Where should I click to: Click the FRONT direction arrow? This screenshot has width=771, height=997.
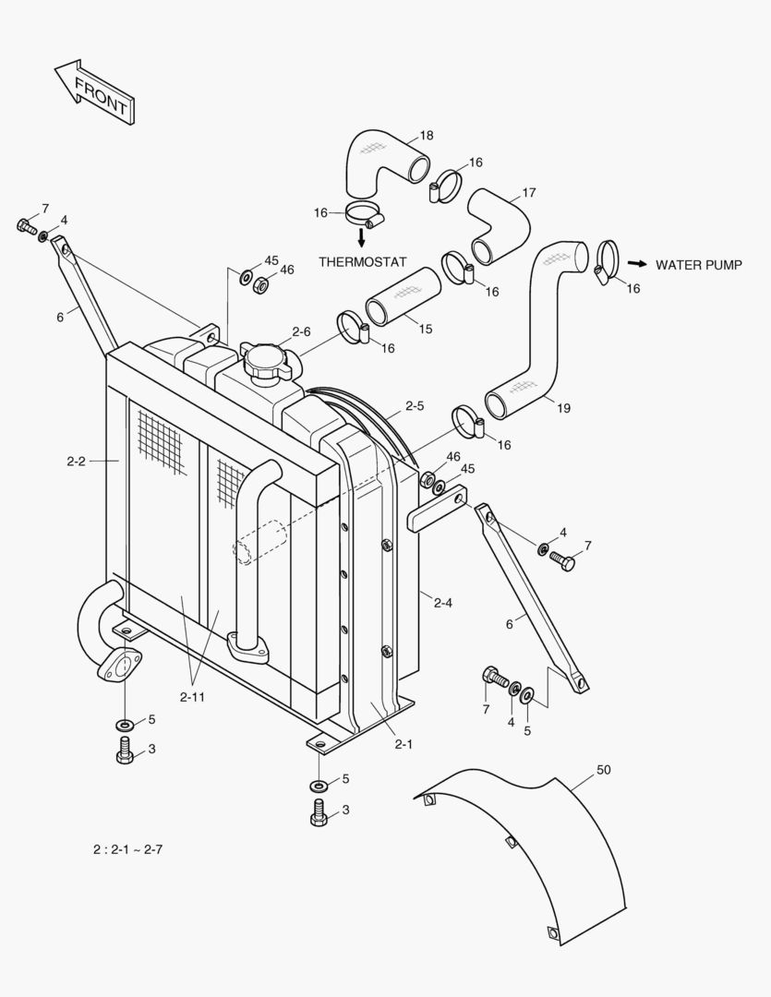click(x=96, y=92)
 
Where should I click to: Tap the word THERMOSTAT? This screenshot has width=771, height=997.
click(x=362, y=262)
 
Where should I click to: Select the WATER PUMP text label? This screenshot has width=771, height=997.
click(x=698, y=265)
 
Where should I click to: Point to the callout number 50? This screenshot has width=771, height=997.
click(x=604, y=769)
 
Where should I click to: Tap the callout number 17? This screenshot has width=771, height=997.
click(x=529, y=193)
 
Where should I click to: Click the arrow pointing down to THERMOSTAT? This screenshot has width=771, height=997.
click(x=361, y=237)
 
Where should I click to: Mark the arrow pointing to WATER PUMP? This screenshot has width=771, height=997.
click(x=636, y=264)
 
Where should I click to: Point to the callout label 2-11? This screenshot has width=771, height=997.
click(x=193, y=697)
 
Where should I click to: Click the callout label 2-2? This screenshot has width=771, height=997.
click(x=76, y=461)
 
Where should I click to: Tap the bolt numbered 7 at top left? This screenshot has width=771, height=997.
click(x=25, y=225)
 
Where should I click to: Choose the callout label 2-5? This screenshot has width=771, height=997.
click(x=415, y=405)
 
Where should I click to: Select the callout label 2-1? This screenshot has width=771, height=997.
click(x=403, y=743)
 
